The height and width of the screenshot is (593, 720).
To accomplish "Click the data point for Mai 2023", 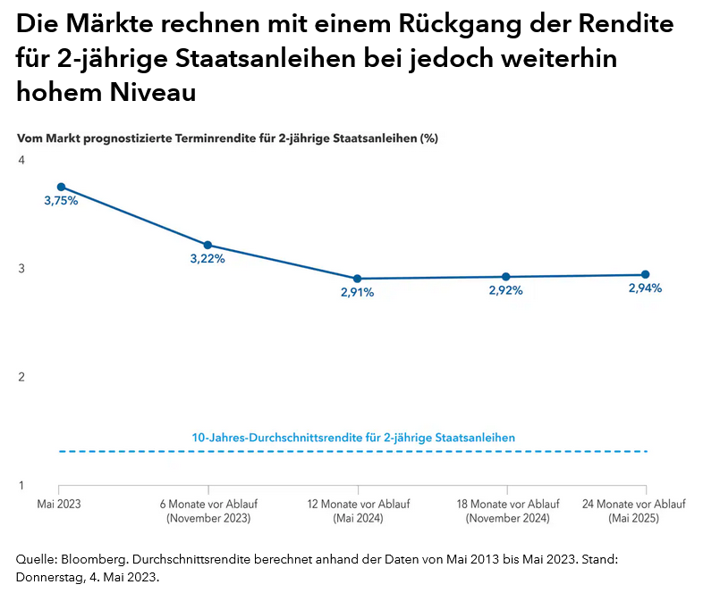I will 61,187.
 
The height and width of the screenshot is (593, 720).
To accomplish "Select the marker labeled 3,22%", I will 208,245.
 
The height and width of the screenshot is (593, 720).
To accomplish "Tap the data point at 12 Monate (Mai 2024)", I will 358,279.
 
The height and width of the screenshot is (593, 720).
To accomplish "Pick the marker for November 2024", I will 506,277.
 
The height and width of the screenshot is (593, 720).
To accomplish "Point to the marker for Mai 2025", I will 646,275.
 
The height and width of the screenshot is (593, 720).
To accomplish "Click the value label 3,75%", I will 61,201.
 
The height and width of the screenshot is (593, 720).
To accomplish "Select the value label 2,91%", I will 357,292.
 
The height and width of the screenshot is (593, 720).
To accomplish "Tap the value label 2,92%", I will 505,290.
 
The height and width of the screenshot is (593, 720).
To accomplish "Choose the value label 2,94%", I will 645,288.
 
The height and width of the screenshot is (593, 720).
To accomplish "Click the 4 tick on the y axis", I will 21,160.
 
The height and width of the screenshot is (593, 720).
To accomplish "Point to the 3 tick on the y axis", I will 21,269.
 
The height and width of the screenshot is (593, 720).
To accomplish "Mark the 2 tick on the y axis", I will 21,377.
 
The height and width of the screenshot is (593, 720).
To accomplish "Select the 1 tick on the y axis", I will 21,486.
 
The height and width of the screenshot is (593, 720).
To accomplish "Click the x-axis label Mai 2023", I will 59,505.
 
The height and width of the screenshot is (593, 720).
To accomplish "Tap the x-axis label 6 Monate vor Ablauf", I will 208,505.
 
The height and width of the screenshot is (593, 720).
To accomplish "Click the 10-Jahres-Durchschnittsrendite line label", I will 353,438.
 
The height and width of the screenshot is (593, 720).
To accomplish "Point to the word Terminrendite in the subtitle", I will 234,138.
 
